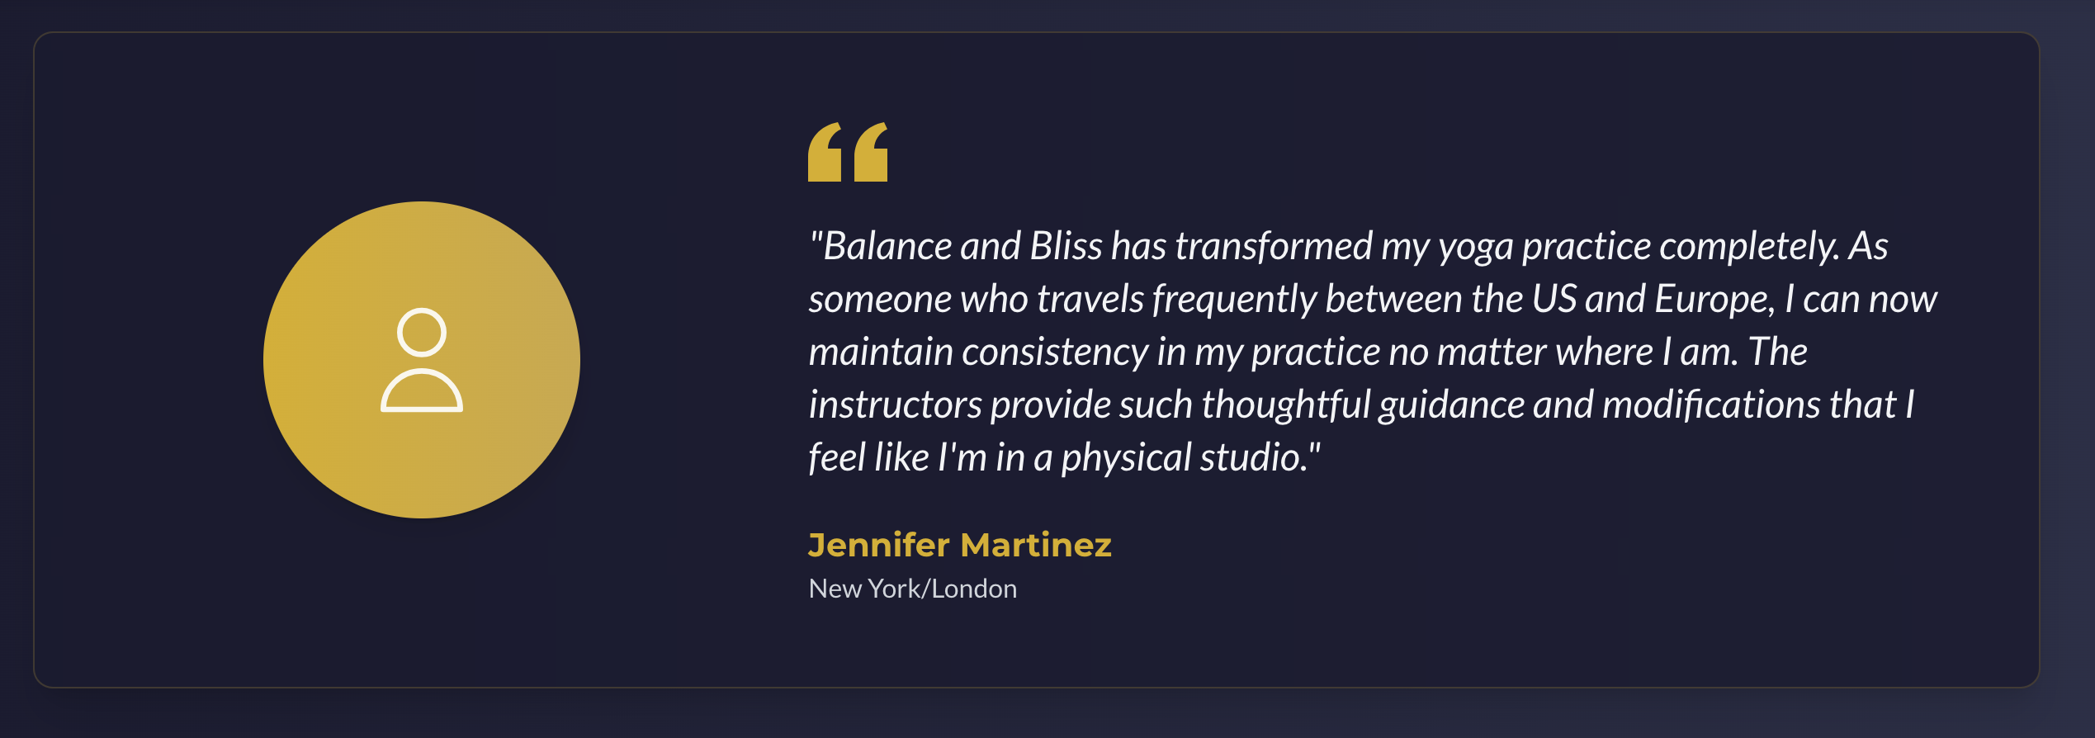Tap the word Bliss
1066,246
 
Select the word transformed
1274,246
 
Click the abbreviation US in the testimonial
1554,299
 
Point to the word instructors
895,404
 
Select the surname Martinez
1036,545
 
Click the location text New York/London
913,589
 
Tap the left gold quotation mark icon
825,152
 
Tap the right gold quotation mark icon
871,152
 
